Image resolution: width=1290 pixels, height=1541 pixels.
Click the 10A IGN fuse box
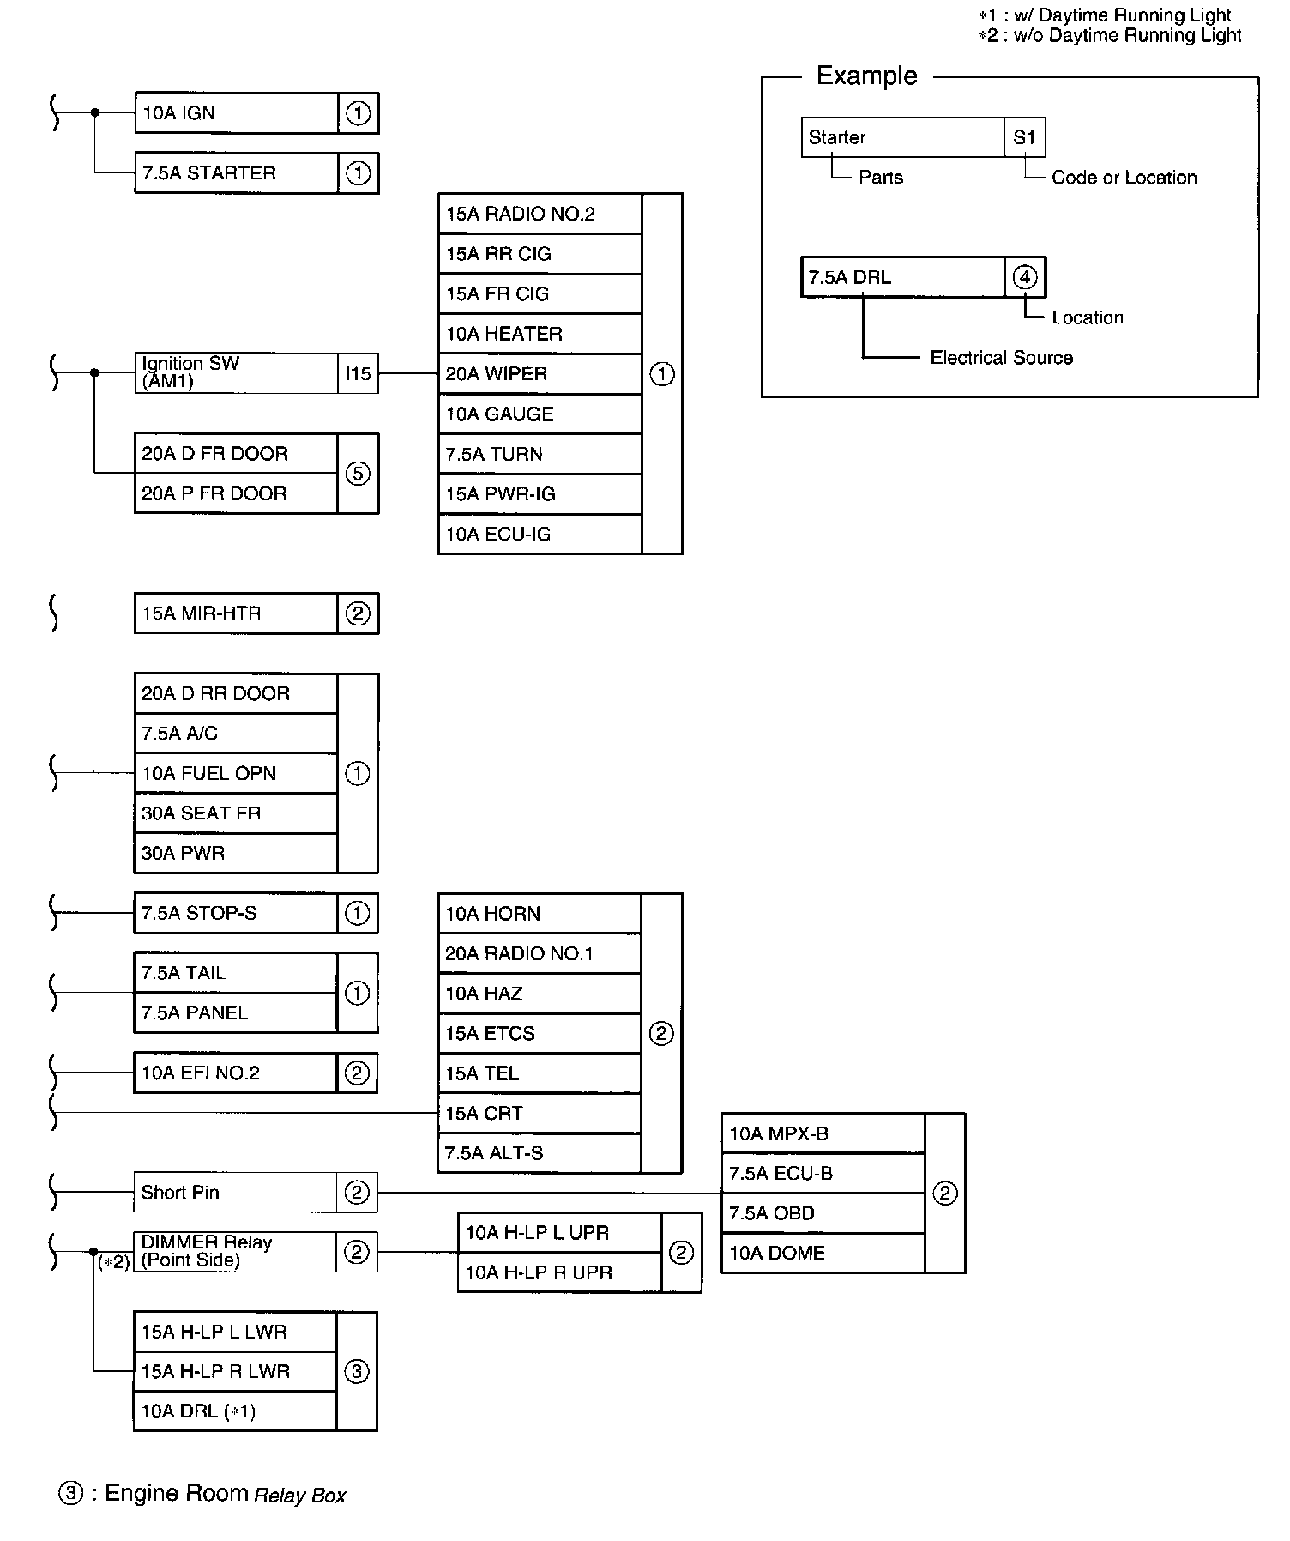click(x=236, y=113)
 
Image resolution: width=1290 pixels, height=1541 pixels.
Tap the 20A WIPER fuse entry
click(x=540, y=374)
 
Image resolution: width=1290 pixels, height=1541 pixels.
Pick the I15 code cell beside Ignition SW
click(x=358, y=374)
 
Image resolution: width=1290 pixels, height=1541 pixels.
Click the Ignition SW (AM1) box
click(x=236, y=373)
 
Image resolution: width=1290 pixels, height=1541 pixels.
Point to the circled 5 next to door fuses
click(x=358, y=474)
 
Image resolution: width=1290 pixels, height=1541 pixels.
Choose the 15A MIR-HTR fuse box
click(x=236, y=613)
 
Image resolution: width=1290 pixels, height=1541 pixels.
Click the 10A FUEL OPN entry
click(x=236, y=773)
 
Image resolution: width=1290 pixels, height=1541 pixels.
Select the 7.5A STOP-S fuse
click(x=236, y=913)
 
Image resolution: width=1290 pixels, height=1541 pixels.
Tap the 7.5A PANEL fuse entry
click(x=236, y=1013)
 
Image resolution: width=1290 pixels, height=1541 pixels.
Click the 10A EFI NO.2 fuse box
click(x=236, y=1073)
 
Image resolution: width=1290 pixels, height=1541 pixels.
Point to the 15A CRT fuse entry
click(x=540, y=1113)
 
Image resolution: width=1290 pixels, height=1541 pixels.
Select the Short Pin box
click(x=236, y=1192)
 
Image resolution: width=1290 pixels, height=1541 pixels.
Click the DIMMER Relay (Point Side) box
click(x=236, y=1251)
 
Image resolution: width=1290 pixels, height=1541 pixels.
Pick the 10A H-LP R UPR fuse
click(x=559, y=1272)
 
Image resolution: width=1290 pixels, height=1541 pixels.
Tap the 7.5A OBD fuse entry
click(x=823, y=1213)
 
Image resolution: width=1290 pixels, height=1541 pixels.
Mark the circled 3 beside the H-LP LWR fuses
click(x=357, y=1371)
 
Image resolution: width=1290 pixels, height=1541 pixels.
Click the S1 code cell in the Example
click(x=1024, y=137)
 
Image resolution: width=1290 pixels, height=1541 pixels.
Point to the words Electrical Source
click(x=1001, y=358)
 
